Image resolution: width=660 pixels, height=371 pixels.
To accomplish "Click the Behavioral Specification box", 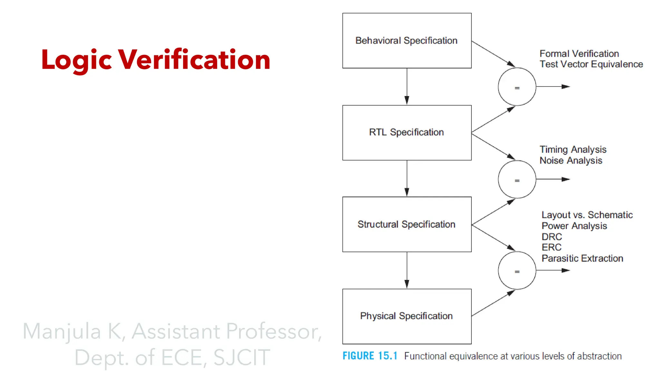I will point(407,41).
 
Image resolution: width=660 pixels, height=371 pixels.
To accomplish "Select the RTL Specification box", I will point(407,132).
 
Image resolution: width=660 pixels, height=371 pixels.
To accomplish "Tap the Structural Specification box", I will point(407,224).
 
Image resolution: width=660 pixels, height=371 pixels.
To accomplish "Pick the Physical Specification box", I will point(407,316).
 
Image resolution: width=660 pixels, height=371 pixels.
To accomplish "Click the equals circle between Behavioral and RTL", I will point(517,87).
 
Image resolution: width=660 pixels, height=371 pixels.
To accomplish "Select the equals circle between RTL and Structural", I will point(517,179).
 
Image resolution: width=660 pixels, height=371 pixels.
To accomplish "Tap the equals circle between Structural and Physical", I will point(517,271).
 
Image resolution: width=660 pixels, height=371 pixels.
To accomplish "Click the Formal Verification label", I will point(579,53).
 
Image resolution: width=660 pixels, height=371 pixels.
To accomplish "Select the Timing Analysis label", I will point(573,149).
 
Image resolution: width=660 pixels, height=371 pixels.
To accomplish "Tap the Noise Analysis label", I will point(571,160).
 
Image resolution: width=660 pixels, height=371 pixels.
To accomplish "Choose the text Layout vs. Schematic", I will point(587,215).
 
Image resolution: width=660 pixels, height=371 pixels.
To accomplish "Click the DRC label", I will point(552,237).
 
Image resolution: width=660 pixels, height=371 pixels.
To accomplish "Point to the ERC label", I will point(551,247).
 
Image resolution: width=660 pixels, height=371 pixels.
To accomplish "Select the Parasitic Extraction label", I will point(582,258).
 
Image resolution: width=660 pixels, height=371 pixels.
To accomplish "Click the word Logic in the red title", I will point(77,60).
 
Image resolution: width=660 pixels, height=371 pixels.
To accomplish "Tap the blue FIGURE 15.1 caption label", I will point(370,356).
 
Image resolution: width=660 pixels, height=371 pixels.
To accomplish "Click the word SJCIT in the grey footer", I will point(241,357).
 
